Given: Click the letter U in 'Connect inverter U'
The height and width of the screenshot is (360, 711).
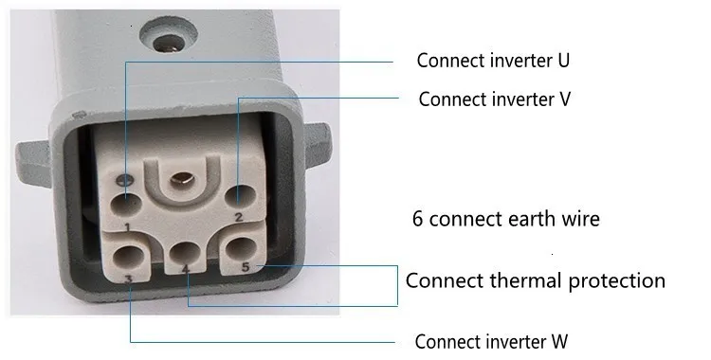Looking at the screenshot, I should [563, 62].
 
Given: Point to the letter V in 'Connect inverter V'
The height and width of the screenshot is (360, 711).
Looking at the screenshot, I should [564, 99].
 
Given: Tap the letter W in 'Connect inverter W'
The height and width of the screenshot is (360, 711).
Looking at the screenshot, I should [559, 341].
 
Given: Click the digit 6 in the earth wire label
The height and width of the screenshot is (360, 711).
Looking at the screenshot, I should [417, 219].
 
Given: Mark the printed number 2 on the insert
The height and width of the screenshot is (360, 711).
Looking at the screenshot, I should [239, 218].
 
